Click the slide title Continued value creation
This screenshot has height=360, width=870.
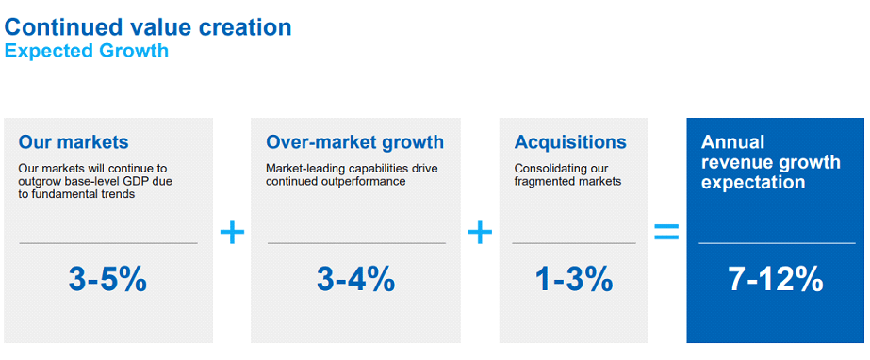[x=148, y=26]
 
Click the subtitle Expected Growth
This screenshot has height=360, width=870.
[x=87, y=51]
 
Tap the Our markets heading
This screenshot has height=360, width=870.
[x=73, y=142]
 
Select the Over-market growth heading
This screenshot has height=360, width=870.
[x=354, y=142]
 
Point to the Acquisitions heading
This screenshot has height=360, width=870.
[x=570, y=142]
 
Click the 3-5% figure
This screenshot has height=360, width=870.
[x=107, y=279]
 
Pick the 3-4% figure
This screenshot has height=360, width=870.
[x=355, y=279]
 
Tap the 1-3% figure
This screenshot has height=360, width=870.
[x=574, y=279]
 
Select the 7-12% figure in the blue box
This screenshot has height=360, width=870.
[x=776, y=279]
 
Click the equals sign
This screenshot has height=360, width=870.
[x=666, y=232]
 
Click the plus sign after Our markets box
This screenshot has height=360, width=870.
[x=232, y=232]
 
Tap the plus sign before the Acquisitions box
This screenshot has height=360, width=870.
[x=480, y=232]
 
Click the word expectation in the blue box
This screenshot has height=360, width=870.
[x=753, y=183]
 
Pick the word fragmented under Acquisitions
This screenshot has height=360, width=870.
[x=544, y=181]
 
